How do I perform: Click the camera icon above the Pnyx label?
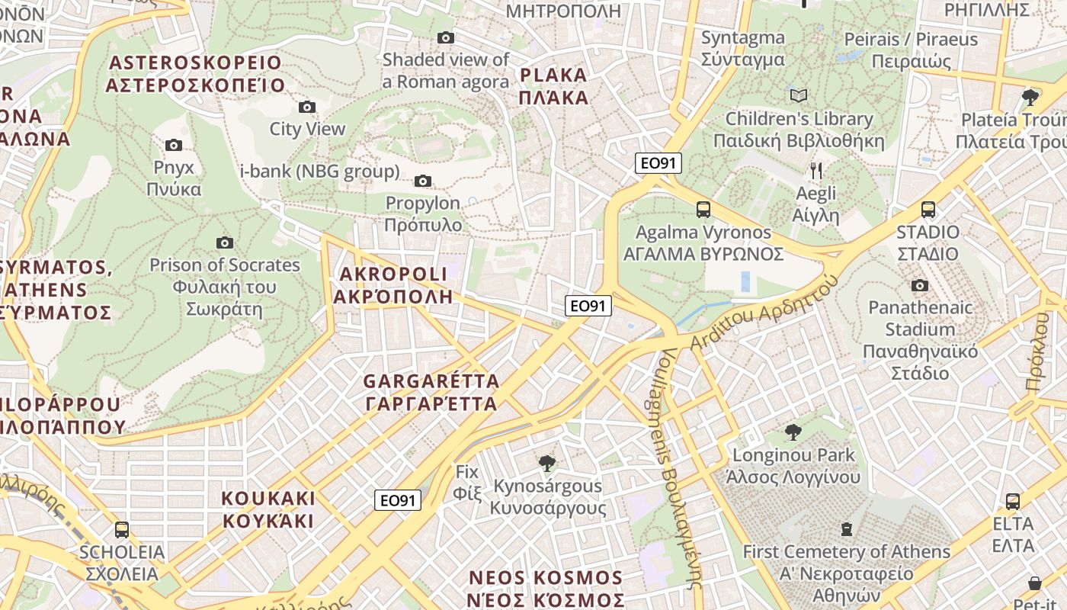(174, 145)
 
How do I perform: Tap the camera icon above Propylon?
(422, 181)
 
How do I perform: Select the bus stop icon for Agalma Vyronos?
(703, 209)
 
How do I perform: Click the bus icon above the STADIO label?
(928, 209)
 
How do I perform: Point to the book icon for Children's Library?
(798, 96)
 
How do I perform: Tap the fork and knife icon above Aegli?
(815, 170)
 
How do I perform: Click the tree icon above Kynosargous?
(546, 463)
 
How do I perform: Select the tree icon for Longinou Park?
(793, 432)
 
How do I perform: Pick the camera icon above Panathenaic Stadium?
(920, 285)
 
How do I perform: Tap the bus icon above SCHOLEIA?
(121, 529)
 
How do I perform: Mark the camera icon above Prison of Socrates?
(224, 242)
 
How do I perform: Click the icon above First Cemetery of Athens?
(846, 528)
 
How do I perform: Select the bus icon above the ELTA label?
(1012, 501)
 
